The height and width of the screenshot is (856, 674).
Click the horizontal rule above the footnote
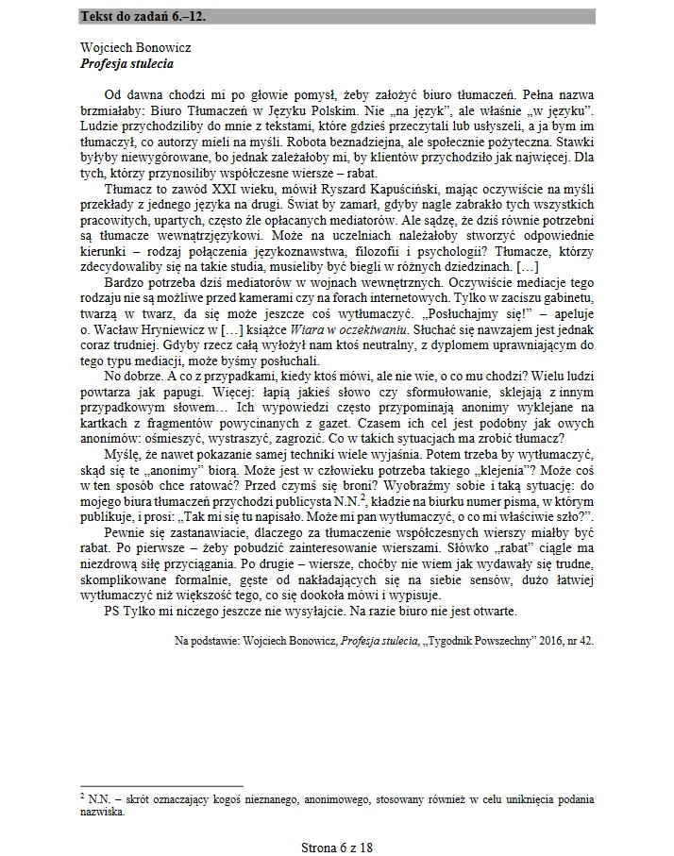click(x=161, y=786)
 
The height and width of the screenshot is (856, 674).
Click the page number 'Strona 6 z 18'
click(x=336, y=847)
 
